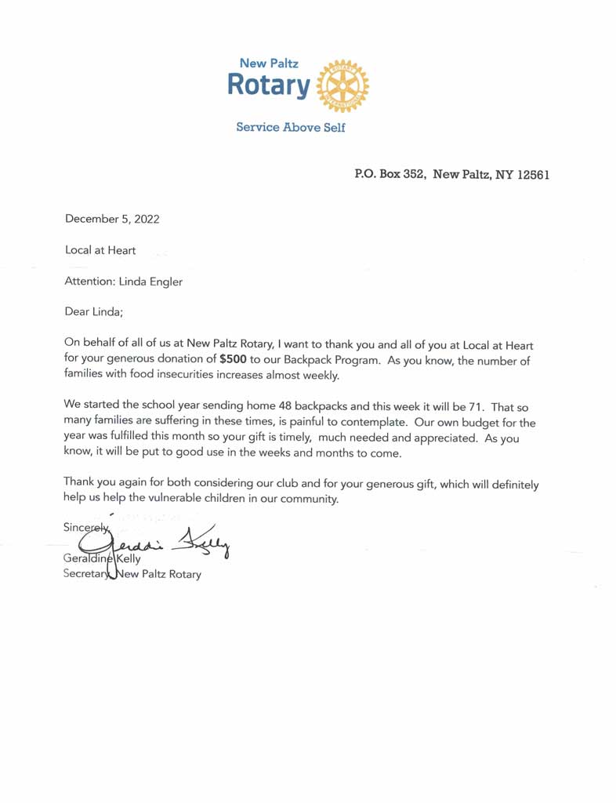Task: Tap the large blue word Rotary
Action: point(269,85)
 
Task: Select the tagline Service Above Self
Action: point(291,127)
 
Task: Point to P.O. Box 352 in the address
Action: point(390,173)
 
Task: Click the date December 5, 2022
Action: point(112,219)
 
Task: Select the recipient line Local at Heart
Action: point(100,250)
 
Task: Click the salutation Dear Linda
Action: point(94,312)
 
